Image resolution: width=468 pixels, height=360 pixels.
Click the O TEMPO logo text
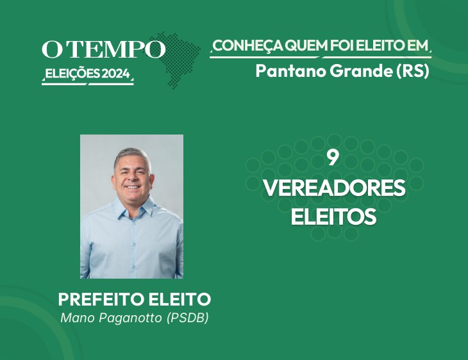[x=104, y=49]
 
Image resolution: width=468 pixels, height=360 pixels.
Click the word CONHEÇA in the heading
[x=248, y=45]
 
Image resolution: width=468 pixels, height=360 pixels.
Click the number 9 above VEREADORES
[x=333, y=158]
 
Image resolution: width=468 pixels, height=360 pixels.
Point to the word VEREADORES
[x=334, y=188]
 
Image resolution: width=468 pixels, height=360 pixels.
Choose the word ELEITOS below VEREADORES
[x=333, y=217]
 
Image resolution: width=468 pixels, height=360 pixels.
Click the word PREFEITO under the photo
[x=101, y=299]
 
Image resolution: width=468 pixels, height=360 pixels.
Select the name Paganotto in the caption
[x=130, y=318]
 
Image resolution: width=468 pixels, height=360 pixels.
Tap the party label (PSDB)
[x=187, y=318]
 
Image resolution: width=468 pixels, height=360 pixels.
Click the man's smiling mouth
[x=132, y=187]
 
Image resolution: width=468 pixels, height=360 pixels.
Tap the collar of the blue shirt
[x=135, y=208]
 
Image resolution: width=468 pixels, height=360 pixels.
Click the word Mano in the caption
[x=78, y=318]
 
